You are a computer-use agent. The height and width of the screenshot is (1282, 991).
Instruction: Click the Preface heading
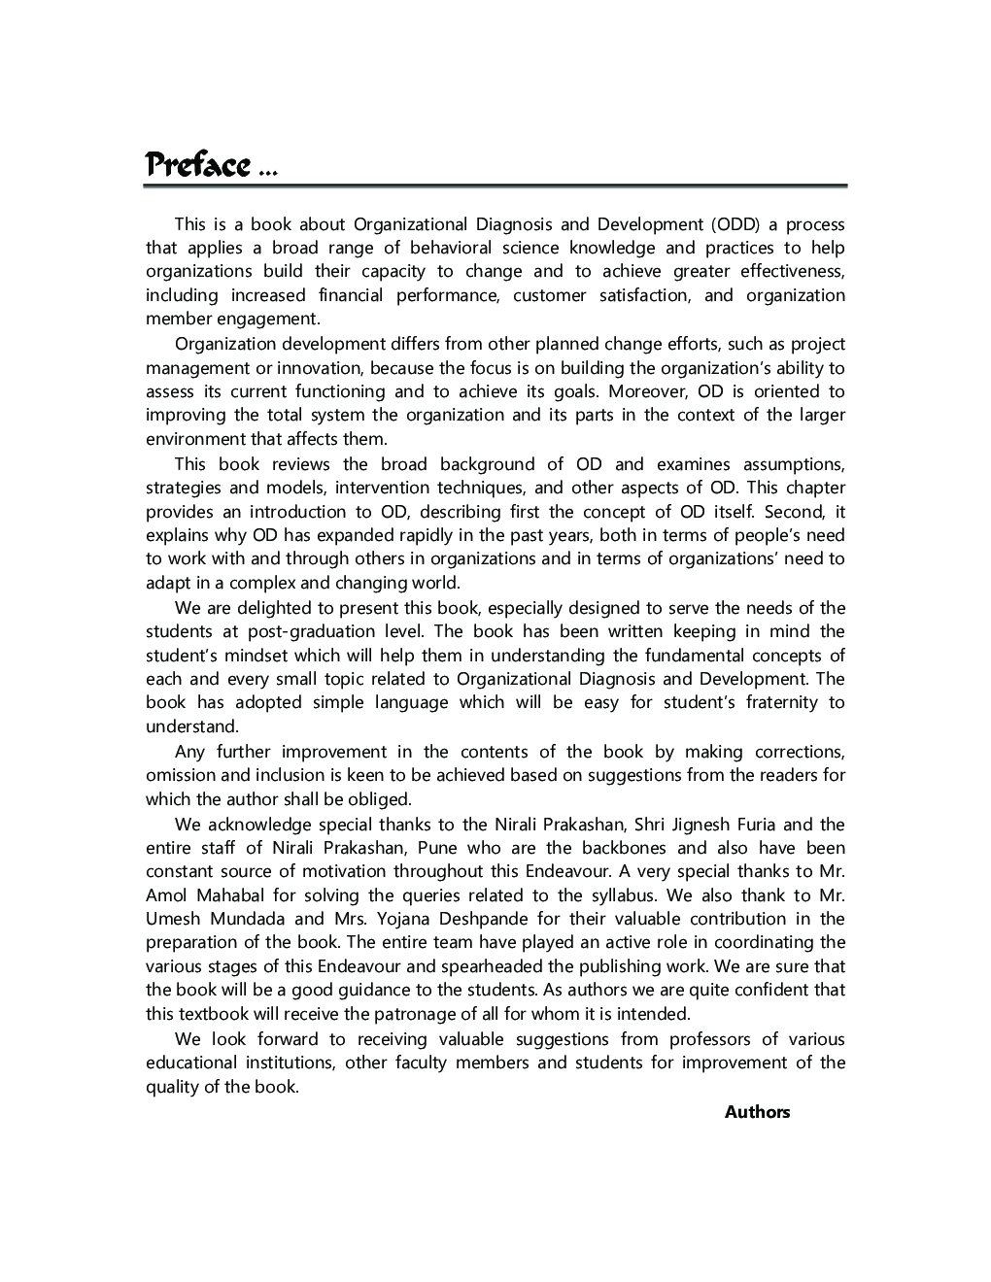197,165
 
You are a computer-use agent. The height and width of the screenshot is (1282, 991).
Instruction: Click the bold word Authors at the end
757,1113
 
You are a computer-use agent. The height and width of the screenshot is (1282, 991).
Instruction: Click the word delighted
250,608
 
